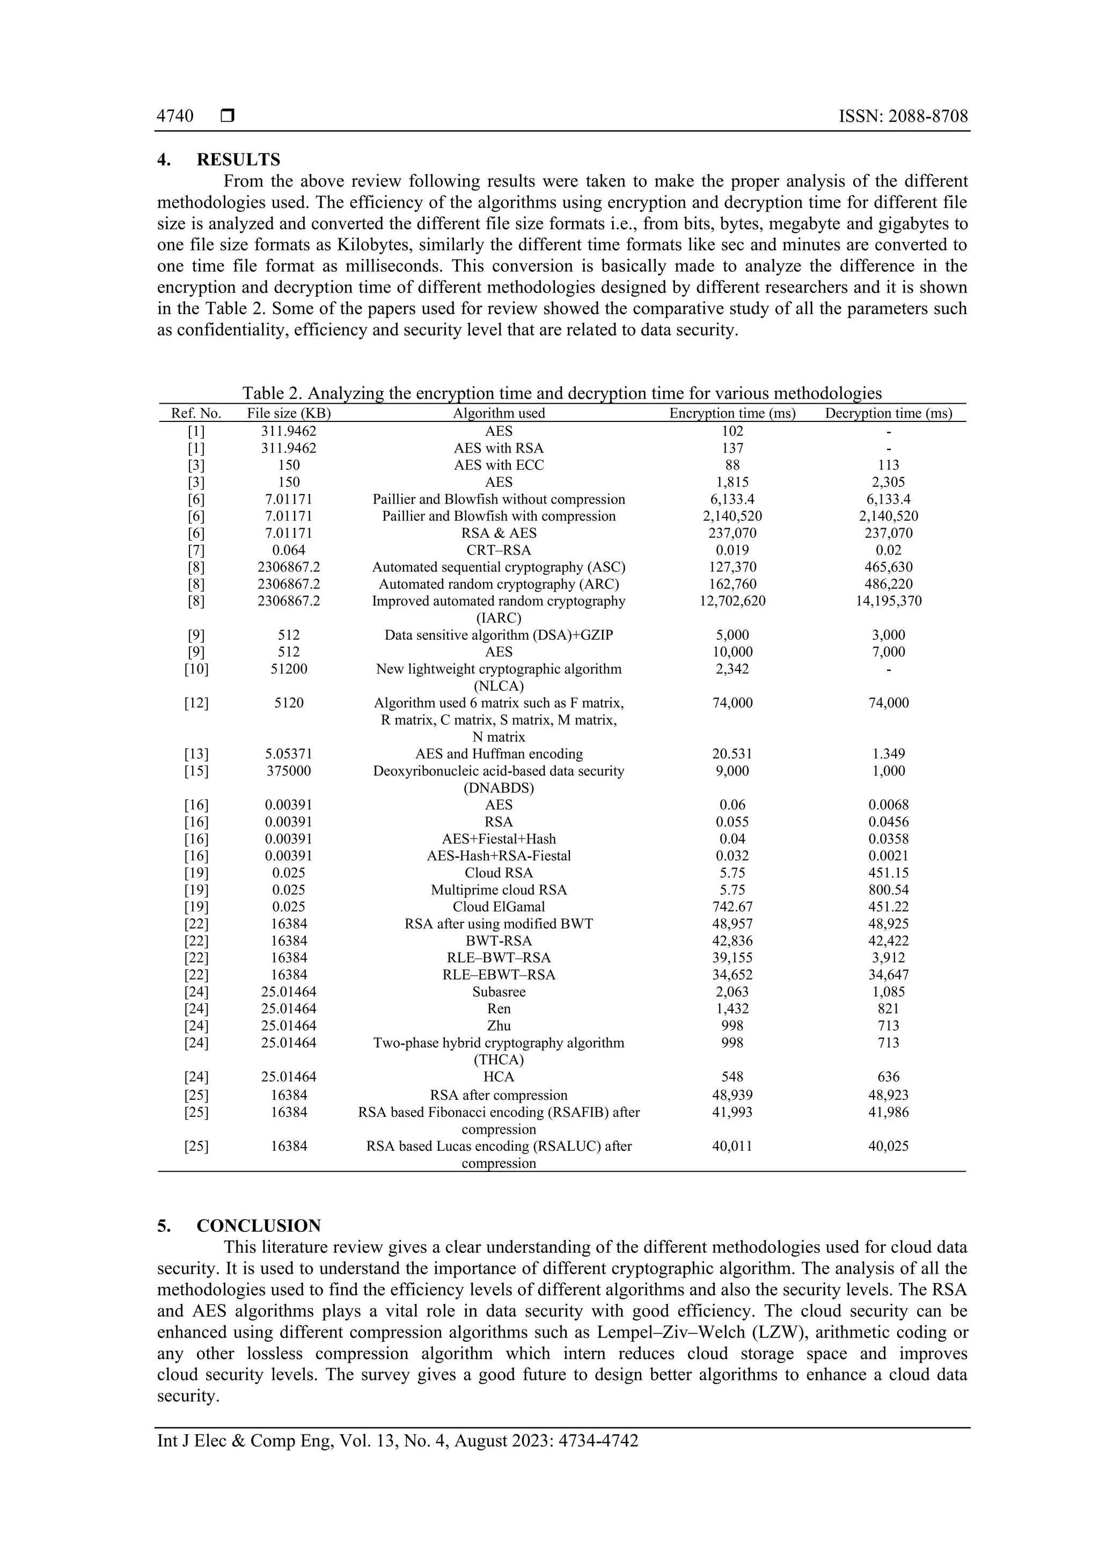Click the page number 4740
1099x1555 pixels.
pyautogui.click(x=175, y=116)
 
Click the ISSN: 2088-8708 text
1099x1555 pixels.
pyautogui.click(x=903, y=116)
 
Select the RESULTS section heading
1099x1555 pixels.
pyautogui.click(x=238, y=160)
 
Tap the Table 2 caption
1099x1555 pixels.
pyautogui.click(x=562, y=393)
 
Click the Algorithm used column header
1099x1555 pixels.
pyautogui.click(x=499, y=413)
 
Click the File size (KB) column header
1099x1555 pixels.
pyautogui.click(x=289, y=413)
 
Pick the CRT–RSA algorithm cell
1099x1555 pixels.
pyautogui.click(x=499, y=550)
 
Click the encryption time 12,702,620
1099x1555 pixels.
pyautogui.click(x=732, y=601)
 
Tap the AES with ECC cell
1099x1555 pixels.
pyautogui.click(x=499, y=465)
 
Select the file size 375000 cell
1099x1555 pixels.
pyautogui.click(x=289, y=771)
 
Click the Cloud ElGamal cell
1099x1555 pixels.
pyautogui.click(x=499, y=907)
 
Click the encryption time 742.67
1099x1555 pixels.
pyautogui.click(x=732, y=907)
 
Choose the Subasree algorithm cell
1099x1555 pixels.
pyautogui.click(x=499, y=991)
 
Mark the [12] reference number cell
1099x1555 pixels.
pyautogui.click(x=196, y=703)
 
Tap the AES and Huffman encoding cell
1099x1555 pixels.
pyautogui.click(x=499, y=754)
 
